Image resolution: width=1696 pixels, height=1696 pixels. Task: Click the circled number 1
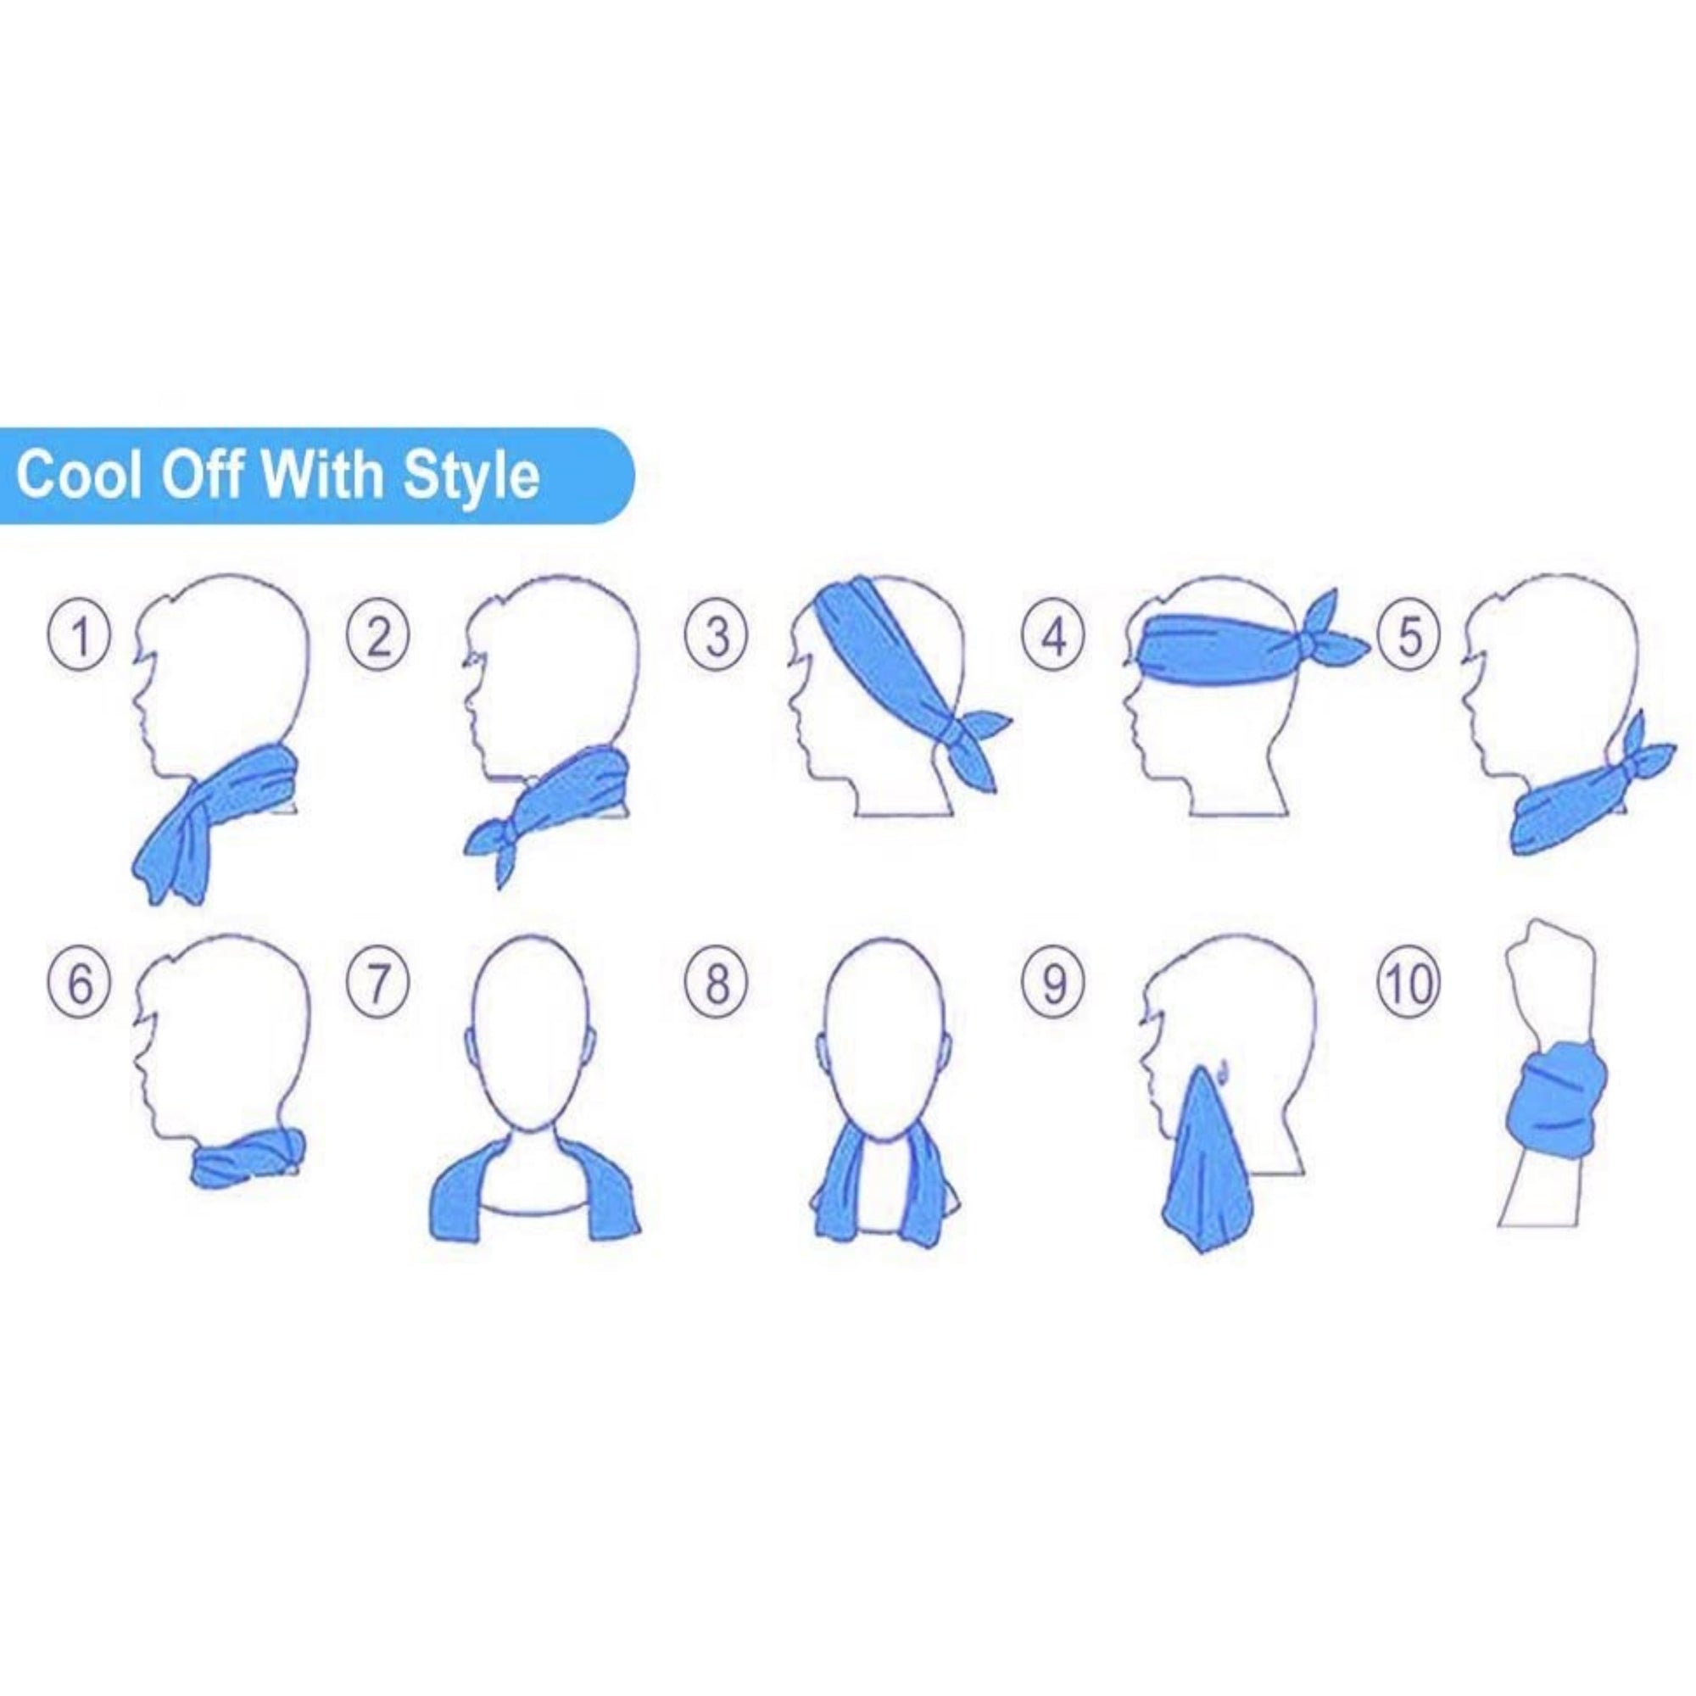(79, 638)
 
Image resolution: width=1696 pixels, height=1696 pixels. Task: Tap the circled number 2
(378, 638)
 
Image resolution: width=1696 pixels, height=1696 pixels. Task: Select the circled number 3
(718, 638)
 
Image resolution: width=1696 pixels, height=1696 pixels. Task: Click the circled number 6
(79, 984)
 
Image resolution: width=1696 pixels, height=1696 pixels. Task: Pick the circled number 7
(378, 984)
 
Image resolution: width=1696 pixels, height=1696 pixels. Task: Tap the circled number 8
(718, 984)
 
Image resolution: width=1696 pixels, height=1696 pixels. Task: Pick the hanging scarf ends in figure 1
(176, 847)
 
